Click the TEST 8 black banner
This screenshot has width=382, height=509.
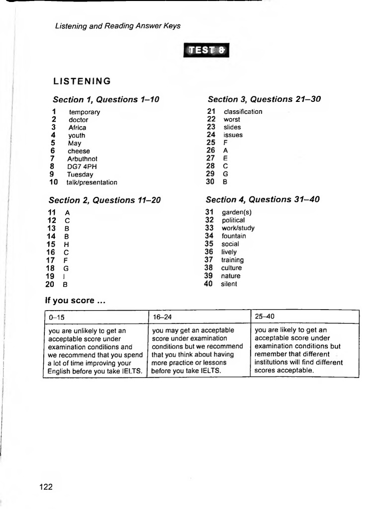[207, 51]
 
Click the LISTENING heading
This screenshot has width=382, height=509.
[82, 81]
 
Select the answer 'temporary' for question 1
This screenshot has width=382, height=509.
[85, 112]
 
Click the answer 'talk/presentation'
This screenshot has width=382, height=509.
[92, 182]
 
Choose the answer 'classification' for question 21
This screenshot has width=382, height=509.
[243, 111]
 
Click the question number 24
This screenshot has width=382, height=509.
[211, 135]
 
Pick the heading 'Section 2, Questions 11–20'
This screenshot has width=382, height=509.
[104, 200]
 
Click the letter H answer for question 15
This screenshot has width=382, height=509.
[67, 245]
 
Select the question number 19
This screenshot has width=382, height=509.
[51, 276]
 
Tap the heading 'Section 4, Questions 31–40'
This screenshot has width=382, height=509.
[263, 200]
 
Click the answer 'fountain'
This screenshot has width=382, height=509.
[234, 236]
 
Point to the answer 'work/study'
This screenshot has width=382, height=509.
[238, 228]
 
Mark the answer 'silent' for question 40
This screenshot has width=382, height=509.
[229, 284]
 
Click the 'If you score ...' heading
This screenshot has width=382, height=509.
[75, 301]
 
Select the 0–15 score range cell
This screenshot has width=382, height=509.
[95, 317]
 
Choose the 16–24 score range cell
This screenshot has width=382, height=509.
[198, 317]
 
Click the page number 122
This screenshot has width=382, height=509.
[46, 487]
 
